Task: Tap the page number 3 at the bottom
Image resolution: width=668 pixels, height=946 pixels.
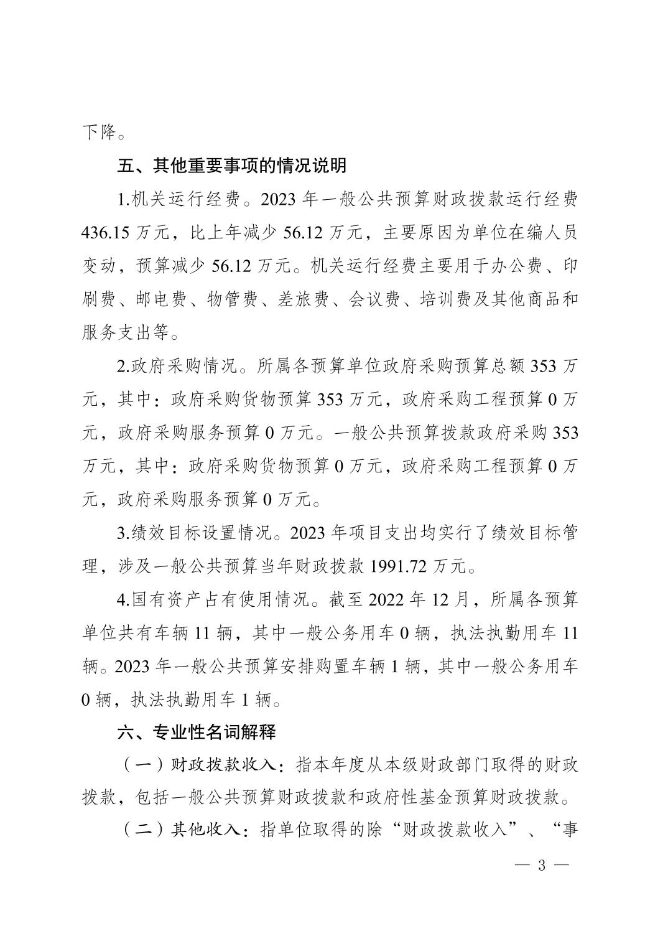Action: (541, 865)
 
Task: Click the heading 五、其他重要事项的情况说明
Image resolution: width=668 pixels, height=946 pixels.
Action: (232, 166)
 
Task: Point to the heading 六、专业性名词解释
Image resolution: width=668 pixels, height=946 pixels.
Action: (197, 732)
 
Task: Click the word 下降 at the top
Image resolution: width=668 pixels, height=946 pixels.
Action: (98, 132)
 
